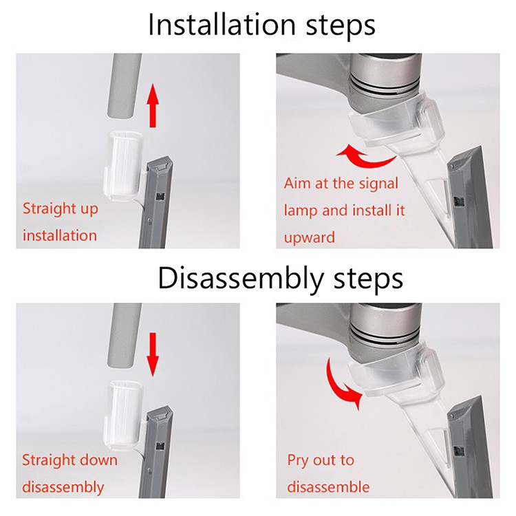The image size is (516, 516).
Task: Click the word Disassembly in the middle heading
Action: (241, 278)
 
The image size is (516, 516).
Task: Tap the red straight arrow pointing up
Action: (153, 105)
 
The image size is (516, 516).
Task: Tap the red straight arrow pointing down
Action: (152, 354)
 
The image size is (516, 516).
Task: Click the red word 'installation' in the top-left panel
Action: (60, 235)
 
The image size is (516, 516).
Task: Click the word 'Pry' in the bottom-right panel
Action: (298, 461)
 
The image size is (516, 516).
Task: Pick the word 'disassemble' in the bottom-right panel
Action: (328, 487)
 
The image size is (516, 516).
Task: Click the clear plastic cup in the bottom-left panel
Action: (123, 416)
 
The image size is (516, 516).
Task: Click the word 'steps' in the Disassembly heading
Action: (368, 279)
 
